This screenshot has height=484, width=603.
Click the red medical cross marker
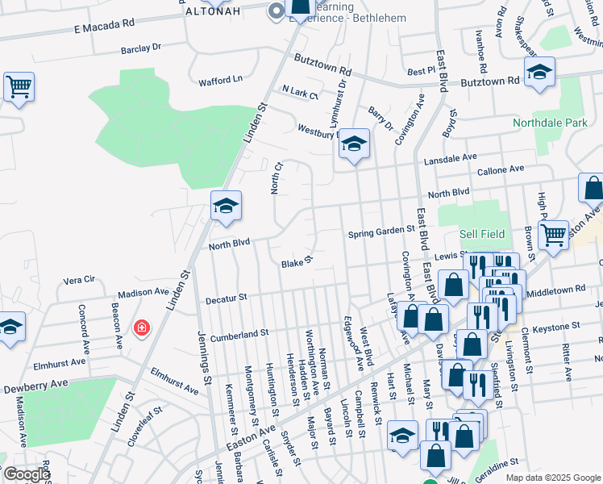tap(142, 328)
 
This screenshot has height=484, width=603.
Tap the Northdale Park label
tap(551, 123)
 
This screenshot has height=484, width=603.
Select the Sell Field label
tap(482, 234)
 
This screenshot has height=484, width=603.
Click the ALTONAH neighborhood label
tap(213, 12)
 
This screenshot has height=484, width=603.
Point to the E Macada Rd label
tap(104, 27)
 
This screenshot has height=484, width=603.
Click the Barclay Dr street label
tap(141, 48)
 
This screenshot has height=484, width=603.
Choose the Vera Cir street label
tap(79, 280)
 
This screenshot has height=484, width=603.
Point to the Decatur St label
tap(226, 298)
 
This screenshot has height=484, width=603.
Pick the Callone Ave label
tap(501, 169)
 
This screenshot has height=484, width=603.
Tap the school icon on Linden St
tap(227, 206)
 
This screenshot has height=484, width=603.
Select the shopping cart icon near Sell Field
tap(553, 235)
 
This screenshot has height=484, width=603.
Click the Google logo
tap(27, 474)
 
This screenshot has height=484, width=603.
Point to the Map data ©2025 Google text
tap(553, 478)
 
